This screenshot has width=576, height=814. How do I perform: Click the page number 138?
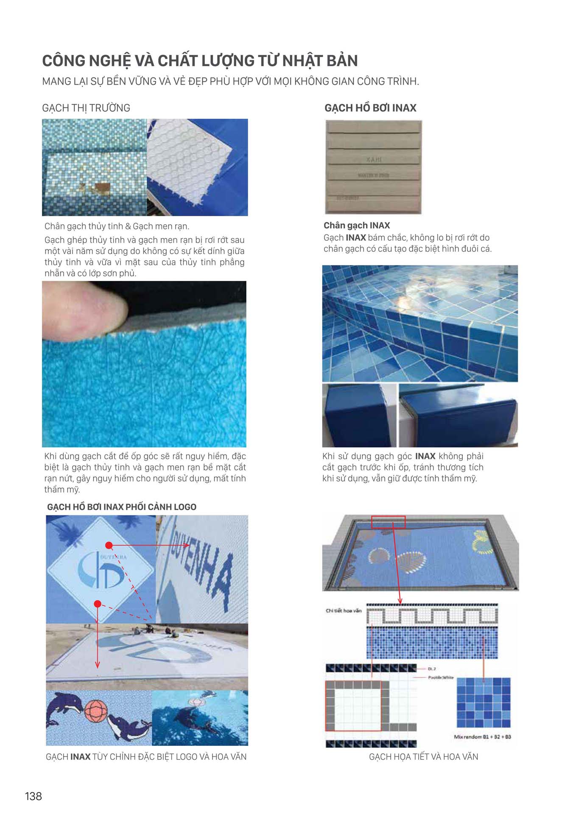[x=34, y=796]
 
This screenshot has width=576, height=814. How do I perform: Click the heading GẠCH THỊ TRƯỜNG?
[x=86, y=108]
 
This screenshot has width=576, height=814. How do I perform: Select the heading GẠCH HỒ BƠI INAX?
[x=370, y=108]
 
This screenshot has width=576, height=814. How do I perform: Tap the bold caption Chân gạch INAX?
[x=357, y=226]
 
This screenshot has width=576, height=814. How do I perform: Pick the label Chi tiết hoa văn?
[x=344, y=610]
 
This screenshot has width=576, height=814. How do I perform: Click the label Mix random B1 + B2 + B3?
[x=482, y=737]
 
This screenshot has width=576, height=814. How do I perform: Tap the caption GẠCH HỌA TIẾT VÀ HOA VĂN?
[x=423, y=757]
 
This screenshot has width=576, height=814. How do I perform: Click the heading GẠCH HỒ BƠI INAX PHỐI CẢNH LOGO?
[x=122, y=507]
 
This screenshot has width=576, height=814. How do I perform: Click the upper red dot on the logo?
[x=109, y=545]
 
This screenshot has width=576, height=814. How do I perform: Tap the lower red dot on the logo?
[x=98, y=604]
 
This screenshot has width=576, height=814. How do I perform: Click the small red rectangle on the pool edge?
[x=388, y=522]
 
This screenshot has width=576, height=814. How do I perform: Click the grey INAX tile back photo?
[x=373, y=167]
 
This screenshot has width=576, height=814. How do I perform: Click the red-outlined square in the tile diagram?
[x=353, y=706]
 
